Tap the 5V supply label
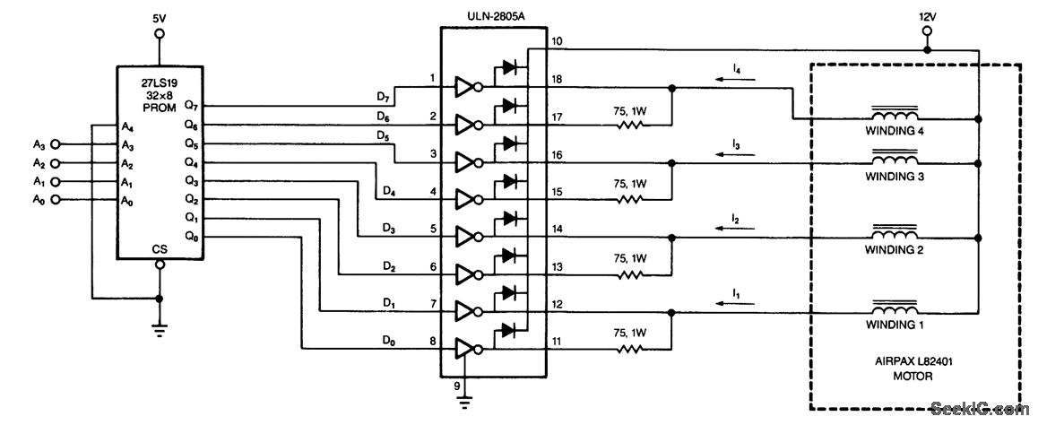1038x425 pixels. [x=160, y=16]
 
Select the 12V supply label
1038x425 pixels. [x=927, y=15]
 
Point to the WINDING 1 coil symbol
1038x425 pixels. [x=894, y=306]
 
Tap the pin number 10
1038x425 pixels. [x=557, y=41]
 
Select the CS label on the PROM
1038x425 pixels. [x=160, y=249]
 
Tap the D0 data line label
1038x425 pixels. [x=387, y=340]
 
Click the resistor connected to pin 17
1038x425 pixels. [x=630, y=126]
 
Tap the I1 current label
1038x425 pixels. [x=735, y=293]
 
